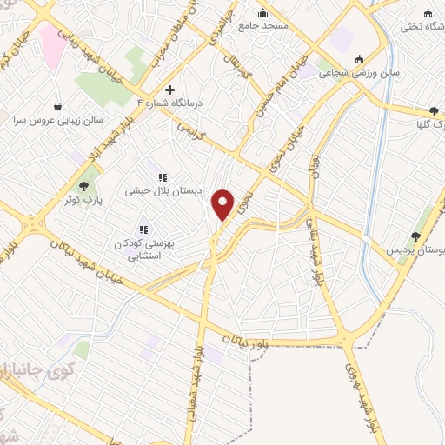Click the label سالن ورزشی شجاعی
tap(347, 75)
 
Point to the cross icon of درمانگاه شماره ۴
tap(170, 90)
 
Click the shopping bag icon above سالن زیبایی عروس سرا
tap(57, 106)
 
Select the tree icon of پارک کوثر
tap(84, 186)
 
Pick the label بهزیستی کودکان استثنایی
tap(144, 250)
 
